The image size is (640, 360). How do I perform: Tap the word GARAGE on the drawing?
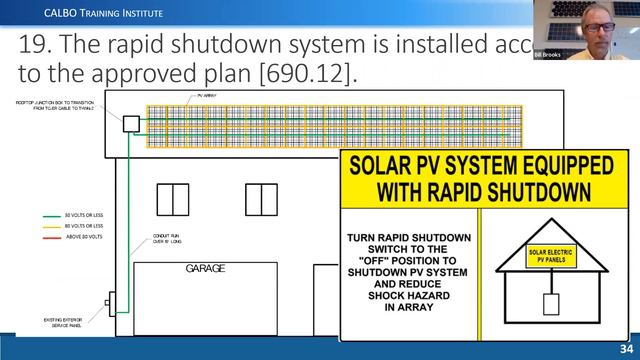click(x=205, y=269)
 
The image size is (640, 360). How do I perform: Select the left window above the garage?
click(x=173, y=200)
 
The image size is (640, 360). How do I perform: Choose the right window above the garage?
click(x=261, y=200)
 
